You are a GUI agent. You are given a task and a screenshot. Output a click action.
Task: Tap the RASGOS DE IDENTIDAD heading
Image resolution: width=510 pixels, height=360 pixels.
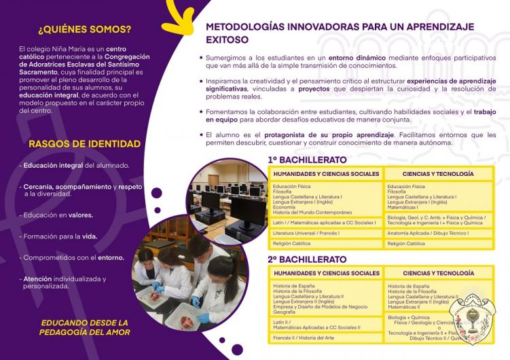point(85,143)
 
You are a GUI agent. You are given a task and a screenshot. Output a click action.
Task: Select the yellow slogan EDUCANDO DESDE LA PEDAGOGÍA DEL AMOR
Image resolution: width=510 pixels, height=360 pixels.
point(84,327)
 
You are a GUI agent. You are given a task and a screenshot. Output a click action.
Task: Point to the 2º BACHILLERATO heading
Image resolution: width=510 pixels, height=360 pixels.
point(307,259)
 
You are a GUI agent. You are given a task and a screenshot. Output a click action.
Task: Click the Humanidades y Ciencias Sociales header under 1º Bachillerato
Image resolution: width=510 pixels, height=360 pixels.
point(326,174)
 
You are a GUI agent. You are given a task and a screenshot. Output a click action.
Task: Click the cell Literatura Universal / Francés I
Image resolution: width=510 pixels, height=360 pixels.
point(306,233)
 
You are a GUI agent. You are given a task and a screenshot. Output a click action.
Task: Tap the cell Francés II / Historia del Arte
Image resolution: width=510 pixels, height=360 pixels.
point(303,337)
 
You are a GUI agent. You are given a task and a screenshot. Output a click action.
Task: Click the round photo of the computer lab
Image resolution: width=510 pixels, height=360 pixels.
point(227,196)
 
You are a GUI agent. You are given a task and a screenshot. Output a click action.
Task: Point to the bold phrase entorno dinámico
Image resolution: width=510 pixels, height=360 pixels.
point(357,58)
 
